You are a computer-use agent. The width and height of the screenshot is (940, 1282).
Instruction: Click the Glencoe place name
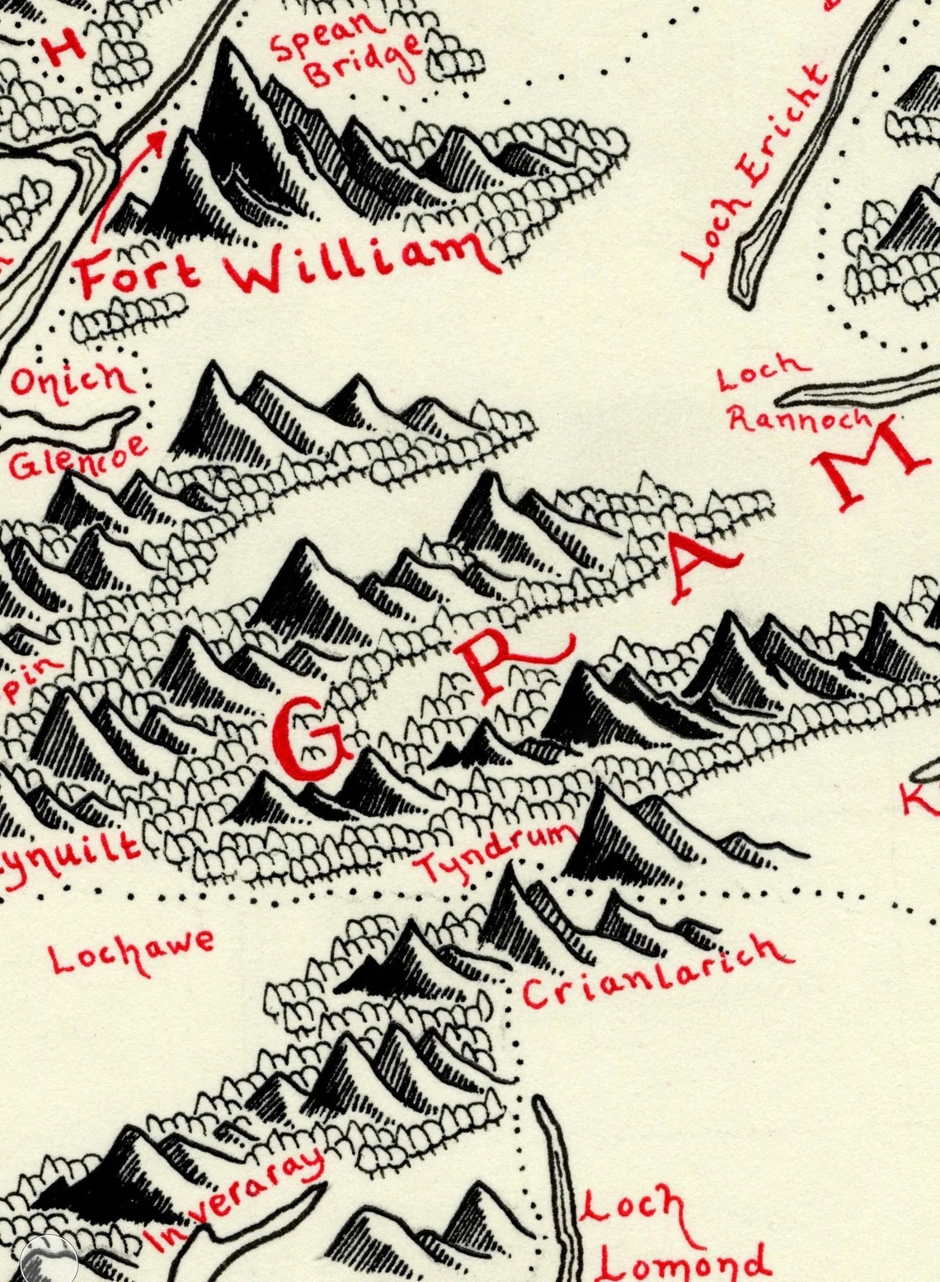point(78,459)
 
